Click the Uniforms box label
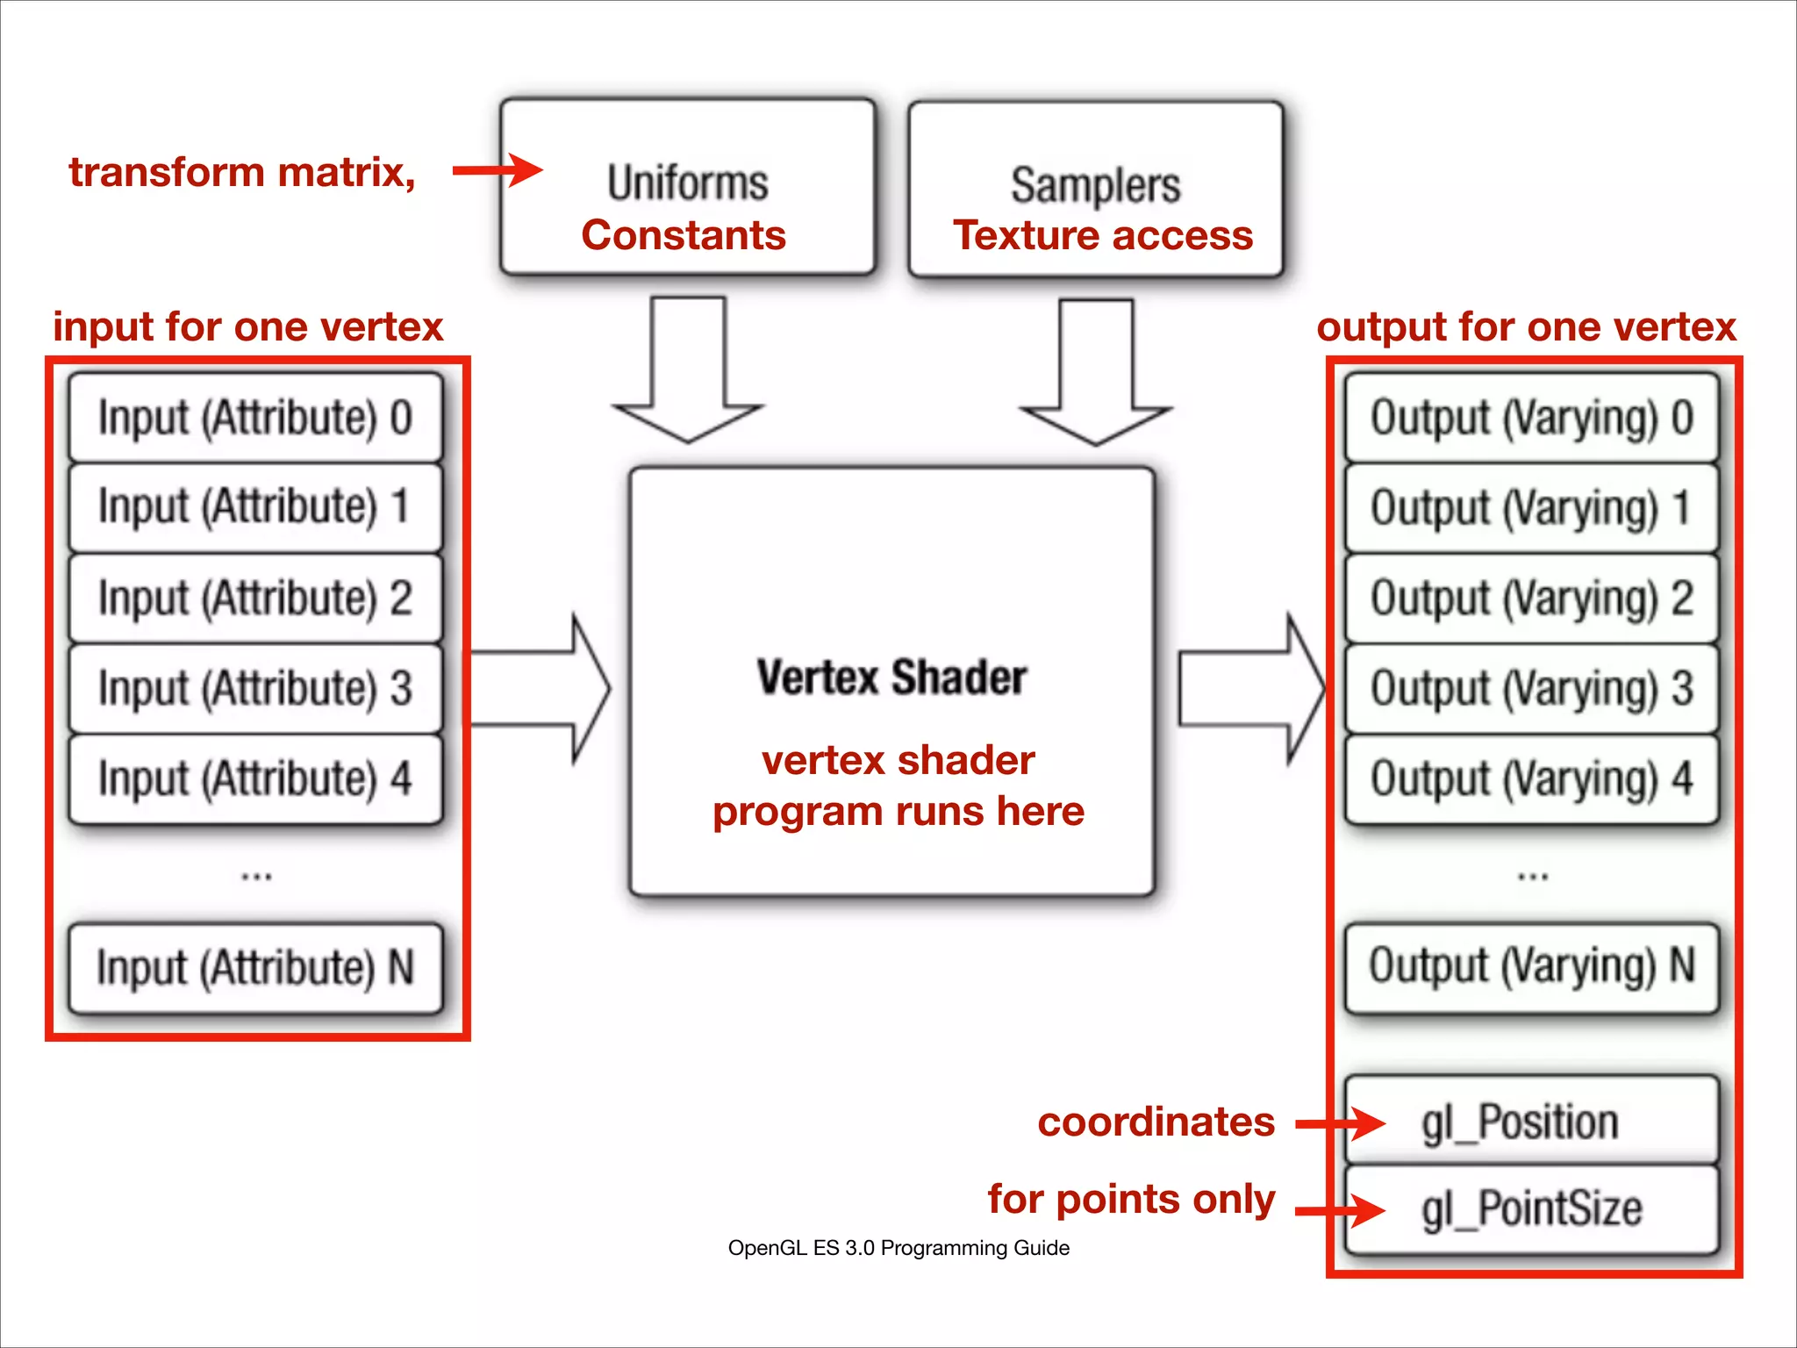pyautogui.click(x=687, y=183)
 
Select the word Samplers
pyautogui.click(x=1095, y=185)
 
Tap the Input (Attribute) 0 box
pyautogui.click(x=254, y=418)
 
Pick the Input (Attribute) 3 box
pyautogui.click(x=254, y=688)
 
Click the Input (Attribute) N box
pyautogui.click(x=254, y=967)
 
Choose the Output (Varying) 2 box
pyautogui.click(x=1531, y=599)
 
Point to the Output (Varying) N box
pyautogui.click(x=1531, y=965)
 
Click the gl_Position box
pyautogui.click(x=1531, y=1122)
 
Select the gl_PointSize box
pyautogui.click(x=1531, y=1208)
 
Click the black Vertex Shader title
pyautogui.click(x=891, y=678)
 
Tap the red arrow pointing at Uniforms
pyautogui.click(x=498, y=170)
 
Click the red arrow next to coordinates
pyautogui.click(x=1341, y=1122)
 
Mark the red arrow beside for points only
pyautogui.click(x=1341, y=1211)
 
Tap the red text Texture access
pyautogui.click(x=1103, y=235)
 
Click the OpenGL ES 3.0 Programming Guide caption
pyautogui.click(x=898, y=1248)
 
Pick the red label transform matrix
pyautogui.click(x=242, y=172)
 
